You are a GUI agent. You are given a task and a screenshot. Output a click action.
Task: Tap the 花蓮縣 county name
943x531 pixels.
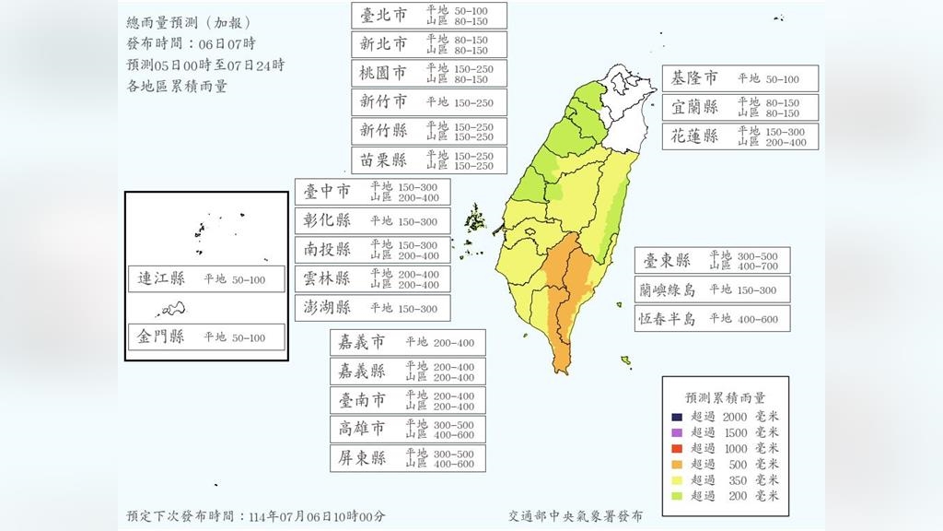click(x=695, y=136)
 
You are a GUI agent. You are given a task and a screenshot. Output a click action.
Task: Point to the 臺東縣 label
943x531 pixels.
click(x=668, y=260)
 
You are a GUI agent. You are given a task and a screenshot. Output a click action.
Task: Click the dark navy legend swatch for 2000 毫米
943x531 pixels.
click(x=677, y=417)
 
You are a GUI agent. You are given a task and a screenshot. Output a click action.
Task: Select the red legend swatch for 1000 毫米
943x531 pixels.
click(x=677, y=448)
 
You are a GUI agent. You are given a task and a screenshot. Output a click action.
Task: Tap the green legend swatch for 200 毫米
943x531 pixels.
click(x=677, y=495)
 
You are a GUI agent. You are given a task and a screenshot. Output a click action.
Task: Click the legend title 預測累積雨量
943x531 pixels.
click(x=725, y=397)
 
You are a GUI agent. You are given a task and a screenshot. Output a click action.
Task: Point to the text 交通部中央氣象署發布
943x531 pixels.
click(x=576, y=516)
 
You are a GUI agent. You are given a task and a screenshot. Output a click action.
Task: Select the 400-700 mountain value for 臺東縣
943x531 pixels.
click(x=761, y=266)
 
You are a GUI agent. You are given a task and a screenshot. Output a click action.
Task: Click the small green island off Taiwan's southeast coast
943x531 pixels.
click(x=626, y=360)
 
